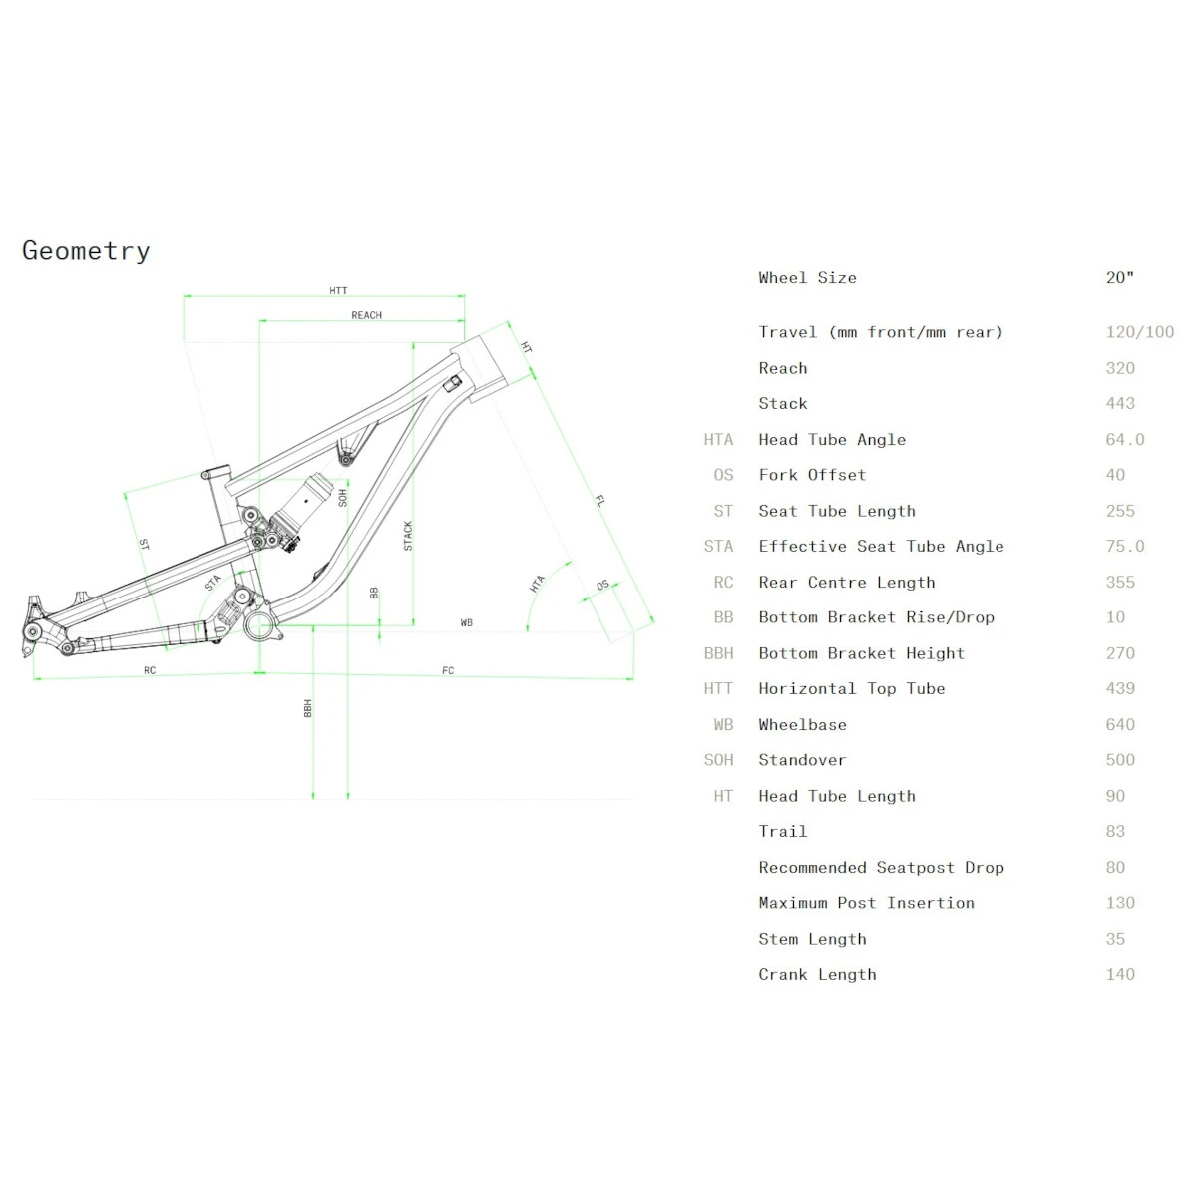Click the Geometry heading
click(x=86, y=250)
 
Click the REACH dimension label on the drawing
click(x=366, y=315)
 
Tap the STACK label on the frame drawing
click(x=408, y=536)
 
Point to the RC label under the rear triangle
click(x=150, y=670)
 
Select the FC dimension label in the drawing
click(x=448, y=670)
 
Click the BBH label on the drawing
click(x=308, y=708)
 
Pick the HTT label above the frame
click(x=338, y=291)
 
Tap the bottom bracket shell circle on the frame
click(x=259, y=625)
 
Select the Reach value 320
click(x=1120, y=368)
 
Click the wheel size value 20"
click(x=1119, y=278)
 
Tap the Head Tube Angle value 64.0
click(x=1124, y=439)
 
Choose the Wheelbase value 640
click(x=1120, y=724)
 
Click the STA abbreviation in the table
click(x=718, y=547)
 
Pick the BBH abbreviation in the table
click(x=718, y=653)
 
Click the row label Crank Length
click(x=817, y=974)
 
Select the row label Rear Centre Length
click(x=846, y=582)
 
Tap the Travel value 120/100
click(x=1139, y=332)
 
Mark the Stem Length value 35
click(x=1115, y=939)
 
